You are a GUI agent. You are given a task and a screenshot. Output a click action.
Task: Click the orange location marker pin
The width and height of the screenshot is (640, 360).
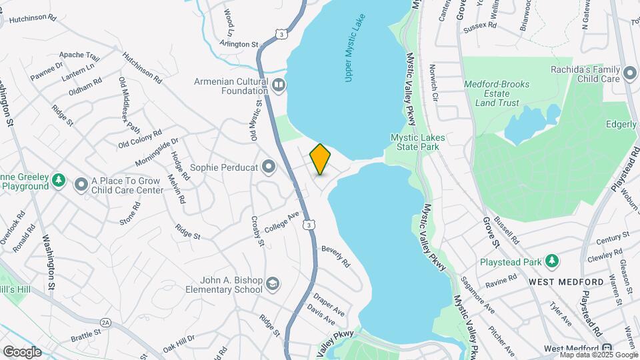(x=320, y=159)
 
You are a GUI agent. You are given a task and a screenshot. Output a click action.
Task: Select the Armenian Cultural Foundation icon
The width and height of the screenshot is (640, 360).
(x=279, y=85)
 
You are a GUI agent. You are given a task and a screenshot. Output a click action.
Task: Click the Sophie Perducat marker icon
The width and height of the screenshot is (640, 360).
(x=269, y=167)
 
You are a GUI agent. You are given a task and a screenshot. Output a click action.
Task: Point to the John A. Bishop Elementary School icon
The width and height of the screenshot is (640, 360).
(x=272, y=285)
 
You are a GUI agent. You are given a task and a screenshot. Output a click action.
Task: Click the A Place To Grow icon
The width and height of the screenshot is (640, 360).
(x=81, y=184)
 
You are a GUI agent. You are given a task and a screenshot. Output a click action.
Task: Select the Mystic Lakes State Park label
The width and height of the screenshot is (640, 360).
(x=417, y=141)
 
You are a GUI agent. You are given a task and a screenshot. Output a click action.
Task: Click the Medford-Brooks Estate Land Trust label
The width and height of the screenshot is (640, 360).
(x=497, y=94)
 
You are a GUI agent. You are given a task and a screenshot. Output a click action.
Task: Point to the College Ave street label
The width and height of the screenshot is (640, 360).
(x=282, y=222)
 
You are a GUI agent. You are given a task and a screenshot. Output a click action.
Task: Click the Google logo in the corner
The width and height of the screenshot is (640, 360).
(x=22, y=351)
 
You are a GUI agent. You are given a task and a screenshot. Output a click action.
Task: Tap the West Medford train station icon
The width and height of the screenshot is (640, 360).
(x=607, y=349)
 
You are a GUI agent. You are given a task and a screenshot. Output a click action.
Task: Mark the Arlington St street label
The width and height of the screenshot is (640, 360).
(x=239, y=44)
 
